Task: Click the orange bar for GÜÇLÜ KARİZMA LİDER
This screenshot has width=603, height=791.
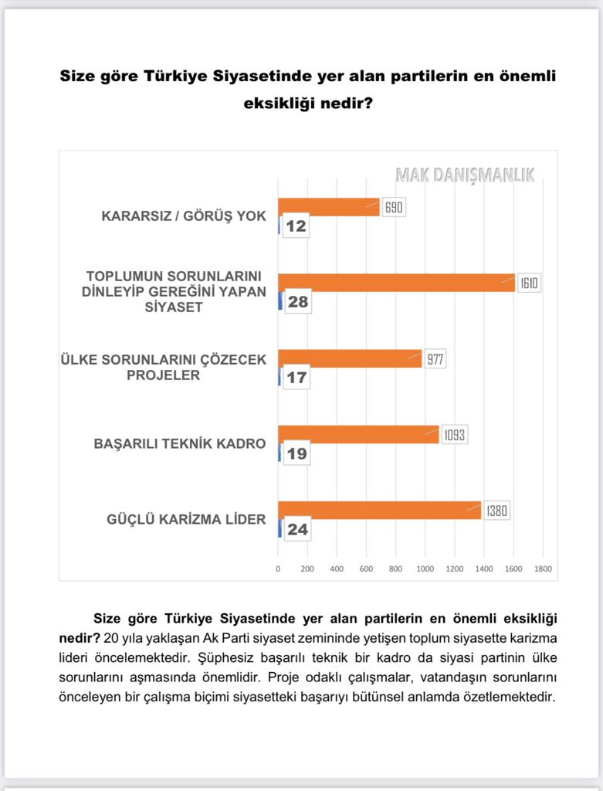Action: click(378, 510)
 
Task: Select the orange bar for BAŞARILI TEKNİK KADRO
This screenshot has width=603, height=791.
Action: click(357, 434)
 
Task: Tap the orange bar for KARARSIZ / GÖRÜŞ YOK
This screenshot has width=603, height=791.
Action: click(328, 207)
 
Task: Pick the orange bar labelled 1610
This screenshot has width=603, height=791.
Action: click(395, 283)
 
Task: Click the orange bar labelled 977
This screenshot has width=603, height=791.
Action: click(349, 358)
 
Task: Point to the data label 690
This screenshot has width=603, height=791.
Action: click(394, 207)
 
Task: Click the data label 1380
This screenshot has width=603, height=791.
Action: click(498, 511)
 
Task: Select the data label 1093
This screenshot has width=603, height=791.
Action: click(455, 435)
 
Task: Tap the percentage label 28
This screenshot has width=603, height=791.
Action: click(297, 302)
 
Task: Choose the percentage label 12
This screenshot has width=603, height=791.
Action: click(296, 226)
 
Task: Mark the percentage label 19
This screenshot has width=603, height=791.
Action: click(296, 453)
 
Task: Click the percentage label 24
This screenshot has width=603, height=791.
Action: click(297, 529)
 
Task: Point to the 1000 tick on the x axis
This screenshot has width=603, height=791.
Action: click(425, 569)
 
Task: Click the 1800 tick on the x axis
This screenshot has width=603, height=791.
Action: click(542, 569)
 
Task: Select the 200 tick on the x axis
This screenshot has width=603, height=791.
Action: click(307, 569)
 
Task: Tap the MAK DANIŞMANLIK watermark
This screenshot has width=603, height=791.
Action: click(464, 175)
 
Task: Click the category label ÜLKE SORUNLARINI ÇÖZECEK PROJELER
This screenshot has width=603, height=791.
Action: click(163, 368)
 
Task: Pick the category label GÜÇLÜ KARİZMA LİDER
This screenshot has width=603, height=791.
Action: click(186, 519)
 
